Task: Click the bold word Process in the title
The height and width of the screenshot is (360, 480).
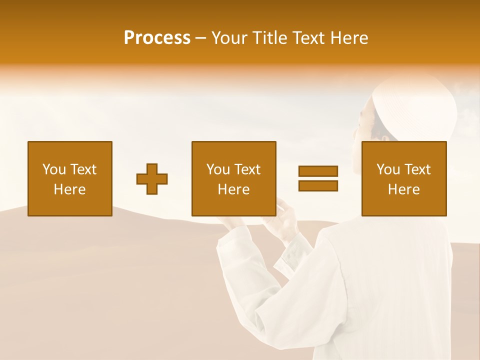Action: [157, 38]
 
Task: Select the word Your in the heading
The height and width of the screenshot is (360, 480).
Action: [230, 38]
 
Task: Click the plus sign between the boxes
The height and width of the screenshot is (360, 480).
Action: [152, 179]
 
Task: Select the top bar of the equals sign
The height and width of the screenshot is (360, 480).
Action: [318, 171]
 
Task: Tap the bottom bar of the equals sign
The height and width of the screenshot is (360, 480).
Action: [318, 186]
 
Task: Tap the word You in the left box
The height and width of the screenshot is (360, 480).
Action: [54, 169]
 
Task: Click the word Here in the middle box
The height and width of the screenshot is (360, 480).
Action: [234, 189]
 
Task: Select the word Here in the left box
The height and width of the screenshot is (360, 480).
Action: [70, 189]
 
